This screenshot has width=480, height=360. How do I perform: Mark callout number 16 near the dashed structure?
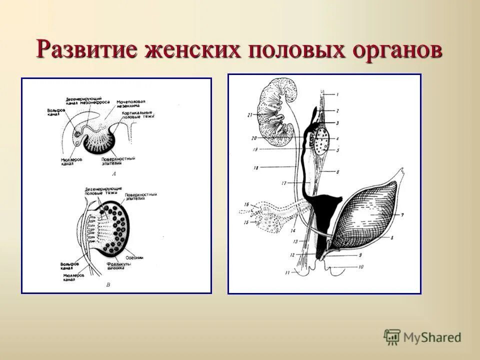click(246, 204)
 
